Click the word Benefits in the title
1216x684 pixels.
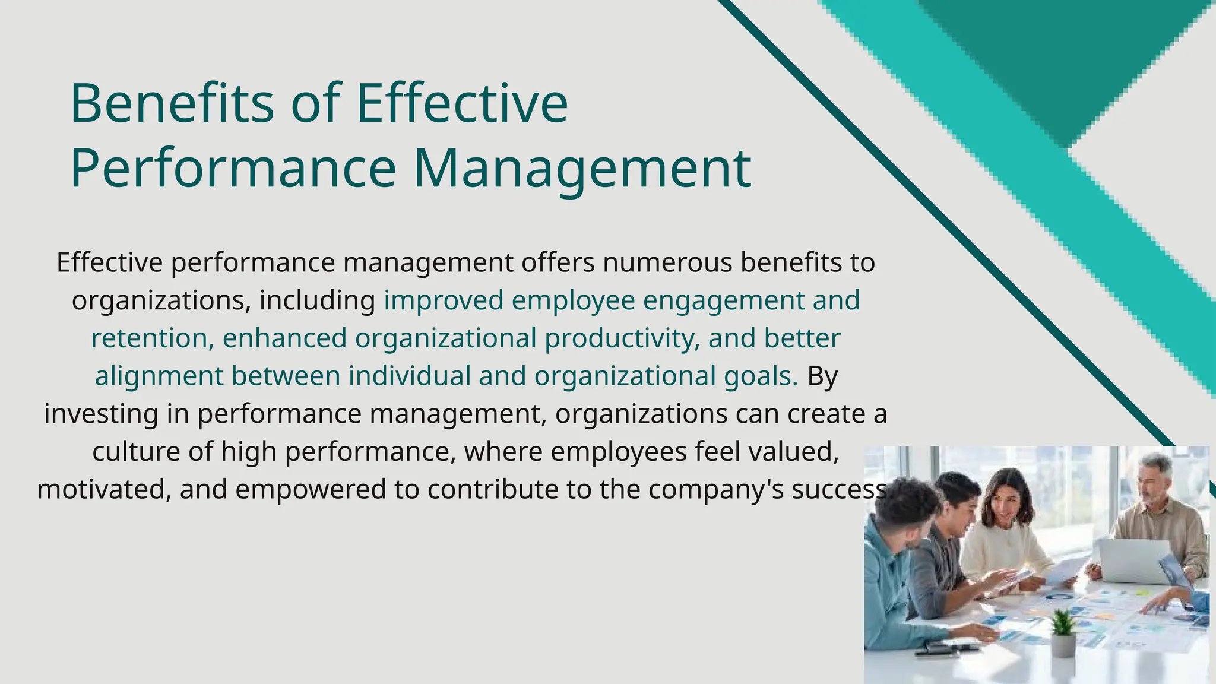click(x=172, y=103)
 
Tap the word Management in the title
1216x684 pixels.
click(x=582, y=169)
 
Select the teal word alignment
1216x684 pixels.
click(x=159, y=376)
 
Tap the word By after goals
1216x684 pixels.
click(x=822, y=376)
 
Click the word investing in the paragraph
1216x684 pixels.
click(x=101, y=414)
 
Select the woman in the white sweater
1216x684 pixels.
click(x=1003, y=534)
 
